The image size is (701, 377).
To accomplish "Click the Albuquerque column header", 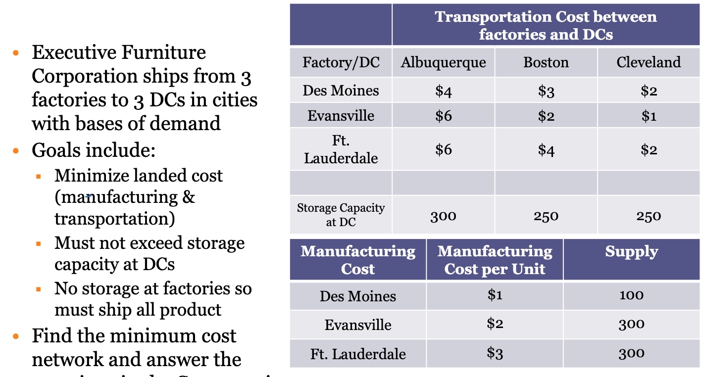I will pyautogui.click(x=443, y=62).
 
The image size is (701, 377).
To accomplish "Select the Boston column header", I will pyautogui.click(x=546, y=62).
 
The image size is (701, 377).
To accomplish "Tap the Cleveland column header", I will pyautogui.click(x=649, y=62).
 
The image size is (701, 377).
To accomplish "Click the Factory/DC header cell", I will pyautogui.click(x=341, y=62).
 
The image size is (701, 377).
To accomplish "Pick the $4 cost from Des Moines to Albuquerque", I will pyautogui.click(x=443, y=91).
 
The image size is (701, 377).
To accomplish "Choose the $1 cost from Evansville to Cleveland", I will pyautogui.click(x=649, y=116).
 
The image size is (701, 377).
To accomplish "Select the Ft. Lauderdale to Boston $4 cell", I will pyautogui.click(x=546, y=149).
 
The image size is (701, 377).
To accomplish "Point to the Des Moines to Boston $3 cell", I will pyautogui.click(x=546, y=91).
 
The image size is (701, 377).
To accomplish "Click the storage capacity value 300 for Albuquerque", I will pyautogui.click(x=443, y=216).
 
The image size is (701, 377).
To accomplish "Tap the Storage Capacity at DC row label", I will pyautogui.click(x=341, y=215).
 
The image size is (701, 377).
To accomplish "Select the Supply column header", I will pyautogui.click(x=631, y=251).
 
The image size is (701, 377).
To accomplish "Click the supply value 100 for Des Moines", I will pyautogui.click(x=631, y=295).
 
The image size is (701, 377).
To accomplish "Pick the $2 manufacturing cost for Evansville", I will pyautogui.click(x=495, y=324).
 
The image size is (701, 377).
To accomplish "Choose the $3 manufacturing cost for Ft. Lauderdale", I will pyautogui.click(x=495, y=353).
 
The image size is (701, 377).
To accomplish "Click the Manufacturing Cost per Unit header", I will pyautogui.click(x=495, y=260).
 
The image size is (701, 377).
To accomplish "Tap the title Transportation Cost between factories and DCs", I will pyautogui.click(x=546, y=25).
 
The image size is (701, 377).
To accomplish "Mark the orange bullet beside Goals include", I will pyautogui.click(x=16, y=150).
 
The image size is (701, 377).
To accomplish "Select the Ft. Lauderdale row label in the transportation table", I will pyautogui.click(x=341, y=149).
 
